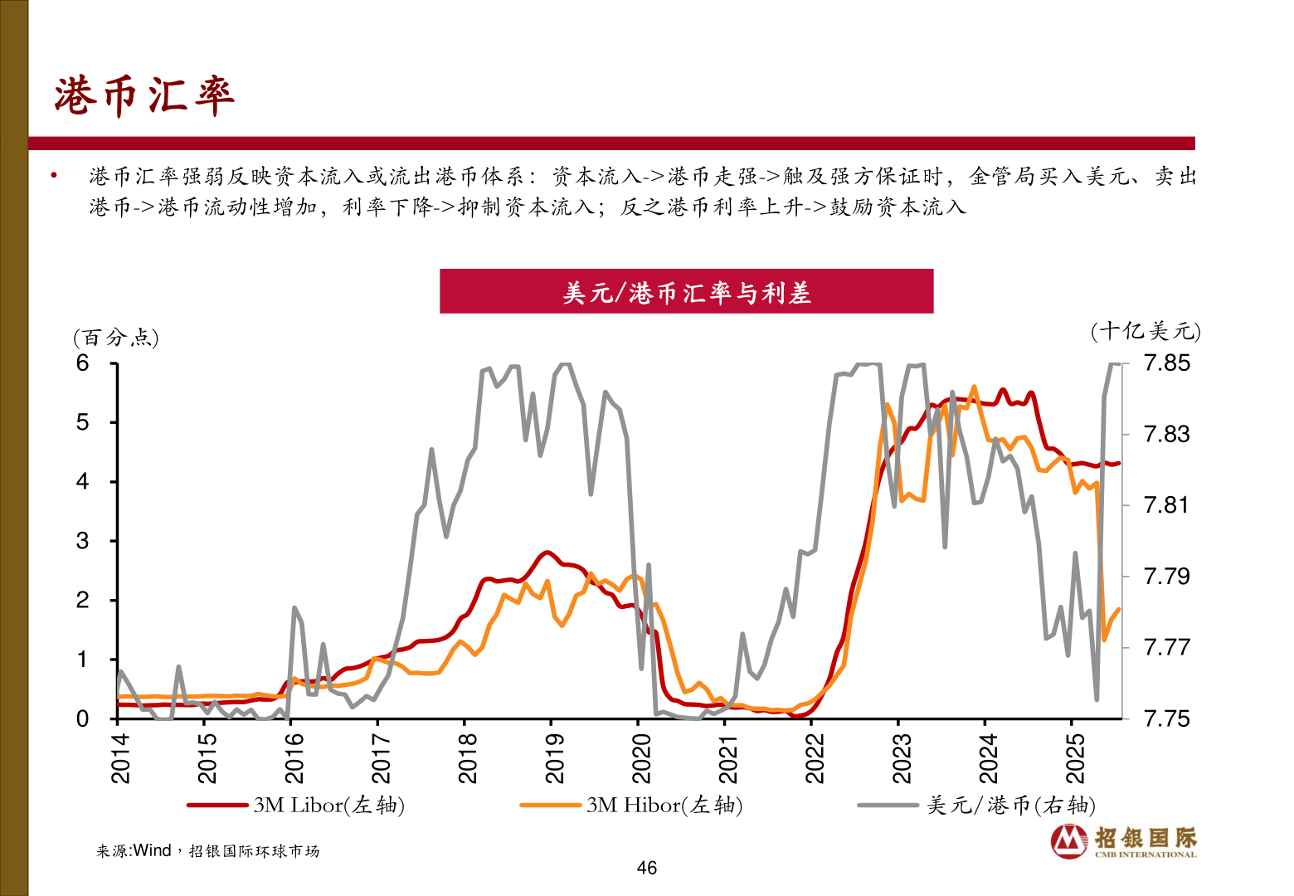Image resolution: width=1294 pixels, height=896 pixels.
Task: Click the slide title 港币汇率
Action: tap(144, 95)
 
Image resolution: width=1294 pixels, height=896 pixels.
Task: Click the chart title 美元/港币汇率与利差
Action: tap(686, 292)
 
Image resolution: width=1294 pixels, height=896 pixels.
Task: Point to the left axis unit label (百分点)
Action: tap(116, 338)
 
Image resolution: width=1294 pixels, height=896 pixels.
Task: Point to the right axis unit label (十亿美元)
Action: tap(1146, 332)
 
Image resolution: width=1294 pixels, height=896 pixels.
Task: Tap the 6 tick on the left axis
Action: tap(83, 363)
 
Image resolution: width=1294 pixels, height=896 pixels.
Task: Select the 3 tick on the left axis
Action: tap(83, 541)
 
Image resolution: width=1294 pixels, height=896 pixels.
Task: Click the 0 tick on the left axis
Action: tap(83, 718)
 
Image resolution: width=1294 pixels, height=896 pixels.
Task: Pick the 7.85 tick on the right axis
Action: tap(1166, 363)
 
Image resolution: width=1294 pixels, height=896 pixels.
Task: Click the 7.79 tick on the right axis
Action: tap(1166, 577)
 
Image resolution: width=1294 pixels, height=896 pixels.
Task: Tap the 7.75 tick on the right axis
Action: tap(1166, 718)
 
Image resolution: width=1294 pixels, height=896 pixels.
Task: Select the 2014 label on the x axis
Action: tap(121, 758)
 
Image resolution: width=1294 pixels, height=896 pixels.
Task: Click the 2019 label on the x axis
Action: tap(555, 758)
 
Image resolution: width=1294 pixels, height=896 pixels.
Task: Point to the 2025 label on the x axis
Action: tap(1075, 758)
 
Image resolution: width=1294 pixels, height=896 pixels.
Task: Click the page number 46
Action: tap(646, 868)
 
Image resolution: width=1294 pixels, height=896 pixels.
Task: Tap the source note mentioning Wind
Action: tap(207, 851)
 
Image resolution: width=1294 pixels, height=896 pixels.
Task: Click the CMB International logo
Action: tap(1124, 841)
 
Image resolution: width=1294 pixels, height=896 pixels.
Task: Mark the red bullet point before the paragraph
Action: tap(54, 176)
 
